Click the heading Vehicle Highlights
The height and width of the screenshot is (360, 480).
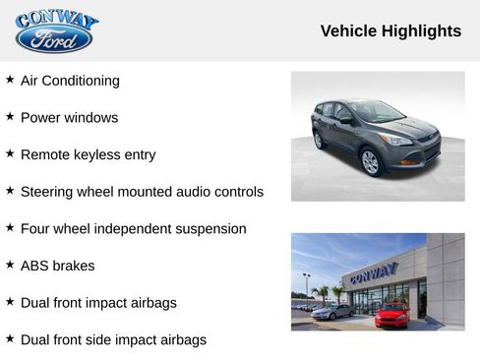(390, 31)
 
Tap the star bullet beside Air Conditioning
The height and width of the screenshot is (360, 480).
(10, 80)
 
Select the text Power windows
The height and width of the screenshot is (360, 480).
(69, 117)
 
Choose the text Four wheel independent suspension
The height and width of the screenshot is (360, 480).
(133, 228)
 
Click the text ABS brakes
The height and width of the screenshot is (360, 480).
(57, 266)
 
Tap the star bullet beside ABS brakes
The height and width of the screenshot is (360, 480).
(10, 265)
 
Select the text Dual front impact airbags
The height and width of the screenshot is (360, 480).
(98, 303)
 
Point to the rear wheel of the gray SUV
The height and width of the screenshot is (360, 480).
(318, 140)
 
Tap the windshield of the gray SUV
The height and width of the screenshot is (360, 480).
(375, 111)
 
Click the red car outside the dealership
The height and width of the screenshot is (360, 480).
(391, 315)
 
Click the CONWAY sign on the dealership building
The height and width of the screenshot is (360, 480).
(374, 270)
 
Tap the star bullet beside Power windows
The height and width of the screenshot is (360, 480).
(10, 116)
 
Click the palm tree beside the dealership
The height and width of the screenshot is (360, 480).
(322, 292)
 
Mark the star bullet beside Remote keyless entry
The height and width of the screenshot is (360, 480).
(10, 153)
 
